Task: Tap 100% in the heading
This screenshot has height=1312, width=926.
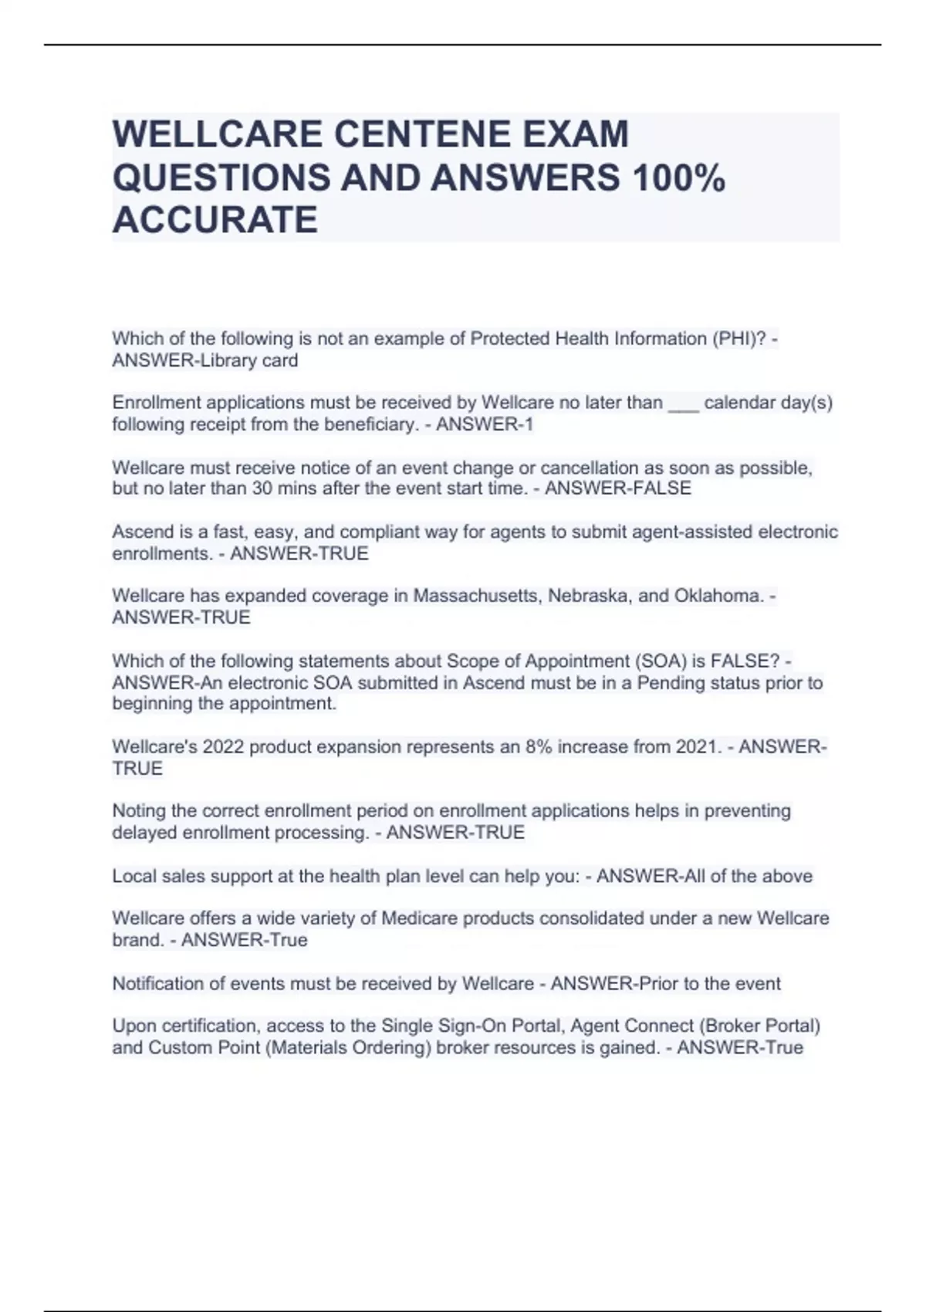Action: pos(678,178)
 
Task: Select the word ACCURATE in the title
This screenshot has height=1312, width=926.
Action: pos(215,220)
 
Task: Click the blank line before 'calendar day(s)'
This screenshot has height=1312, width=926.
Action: pos(683,403)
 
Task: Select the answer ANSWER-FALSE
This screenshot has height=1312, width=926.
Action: pos(618,489)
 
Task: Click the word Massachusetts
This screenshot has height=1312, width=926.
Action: pos(478,596)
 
